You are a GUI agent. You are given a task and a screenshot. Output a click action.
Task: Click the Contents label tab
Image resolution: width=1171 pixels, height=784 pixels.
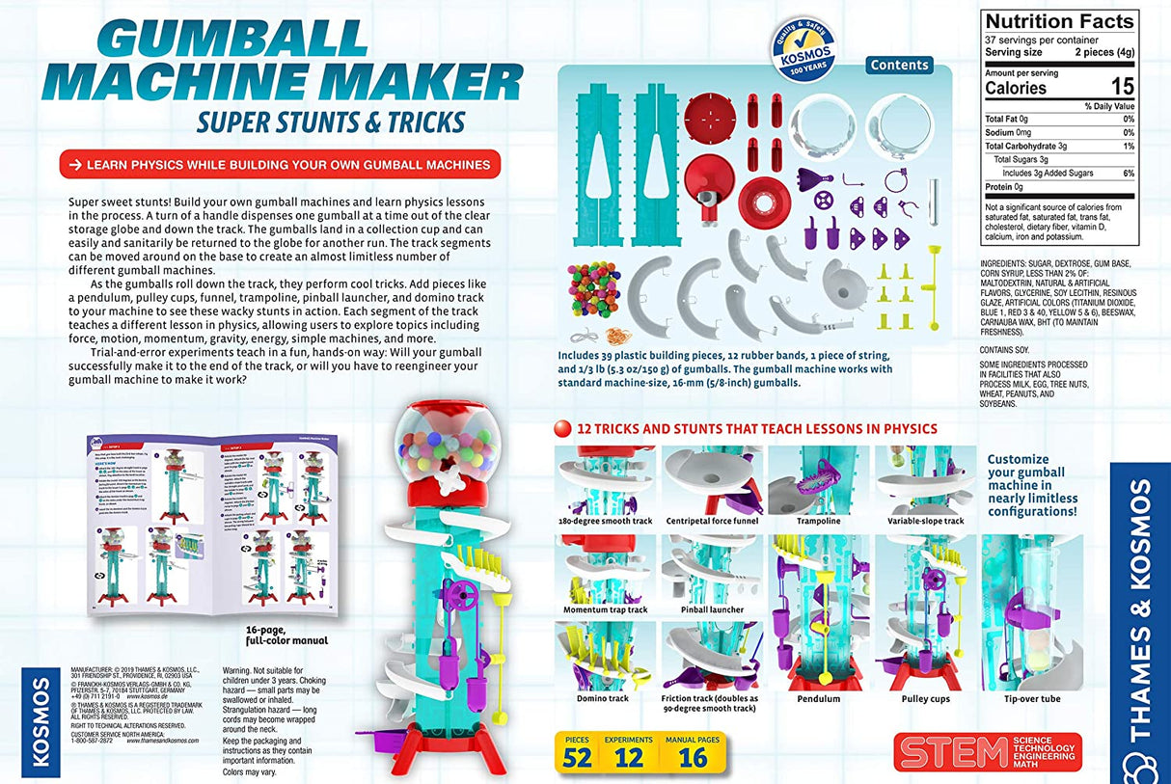[x=899, y=66]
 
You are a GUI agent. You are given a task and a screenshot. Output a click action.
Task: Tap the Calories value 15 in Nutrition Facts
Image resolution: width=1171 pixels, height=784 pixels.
[x=1121, y=87]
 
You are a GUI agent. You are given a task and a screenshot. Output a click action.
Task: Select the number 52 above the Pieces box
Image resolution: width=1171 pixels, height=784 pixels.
[x=577, y=757]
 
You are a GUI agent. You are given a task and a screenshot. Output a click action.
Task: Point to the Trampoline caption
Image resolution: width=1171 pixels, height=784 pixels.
[x=818, y=521]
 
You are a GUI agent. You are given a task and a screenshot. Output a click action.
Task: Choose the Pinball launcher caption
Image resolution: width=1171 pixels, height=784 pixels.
[x=712, y=609]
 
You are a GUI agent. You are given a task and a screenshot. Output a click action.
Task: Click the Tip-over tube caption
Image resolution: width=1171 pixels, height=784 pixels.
[x=1031, y=698]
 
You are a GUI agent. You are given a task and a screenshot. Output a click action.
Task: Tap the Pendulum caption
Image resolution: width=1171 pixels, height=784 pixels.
[x=819, y=698]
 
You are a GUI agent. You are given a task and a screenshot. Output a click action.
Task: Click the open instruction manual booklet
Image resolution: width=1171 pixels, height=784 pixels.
[x=214, y=527]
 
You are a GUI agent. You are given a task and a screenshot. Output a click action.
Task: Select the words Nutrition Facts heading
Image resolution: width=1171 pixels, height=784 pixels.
[x=1058, y=21]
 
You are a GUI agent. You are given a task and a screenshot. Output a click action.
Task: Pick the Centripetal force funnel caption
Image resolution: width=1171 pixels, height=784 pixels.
[x=713, y=521]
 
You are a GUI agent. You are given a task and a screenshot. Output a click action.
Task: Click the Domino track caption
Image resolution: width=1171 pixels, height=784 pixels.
[x=603, y=698]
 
